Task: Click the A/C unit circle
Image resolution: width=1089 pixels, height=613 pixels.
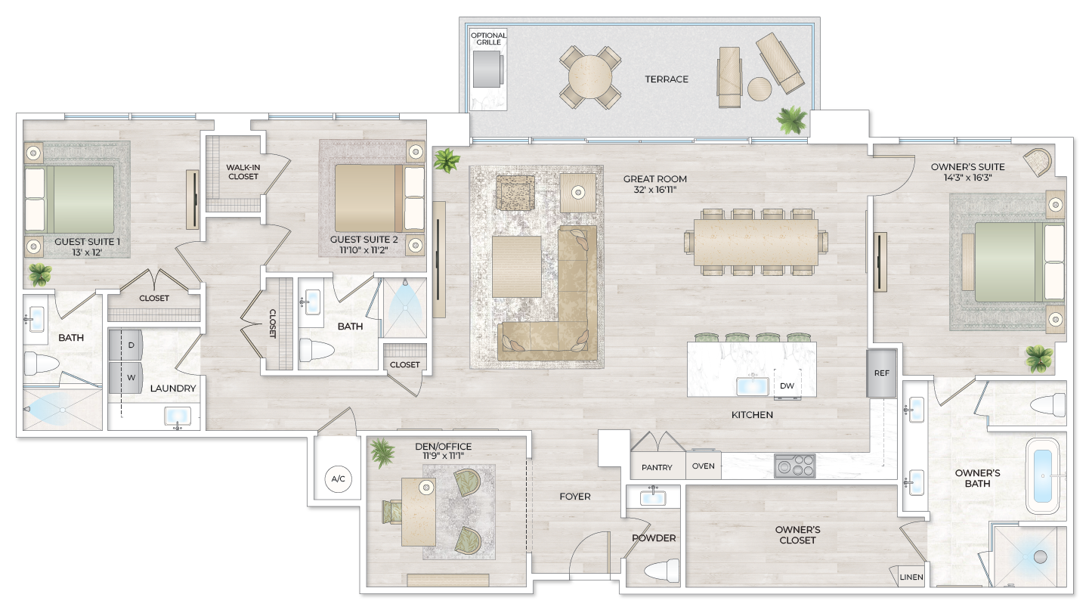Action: (x=338, y=478)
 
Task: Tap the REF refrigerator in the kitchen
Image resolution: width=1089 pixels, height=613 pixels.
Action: (x=881, y=373)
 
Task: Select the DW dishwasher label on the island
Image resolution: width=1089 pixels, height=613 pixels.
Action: (x=787, y=385)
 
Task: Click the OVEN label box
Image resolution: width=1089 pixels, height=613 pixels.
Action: (x=703, y=466)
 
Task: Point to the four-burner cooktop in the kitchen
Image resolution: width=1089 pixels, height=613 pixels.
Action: (x=794, y=466)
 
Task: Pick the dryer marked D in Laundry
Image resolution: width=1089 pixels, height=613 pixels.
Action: (x=125, y=345)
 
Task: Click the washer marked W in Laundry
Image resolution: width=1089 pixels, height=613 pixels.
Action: (x=125, y=377)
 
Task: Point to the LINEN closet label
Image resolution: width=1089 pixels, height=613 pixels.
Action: (x=911, y=577)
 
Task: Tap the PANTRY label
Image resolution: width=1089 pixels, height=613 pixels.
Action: (x=657, y=467)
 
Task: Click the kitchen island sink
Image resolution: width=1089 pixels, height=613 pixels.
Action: (x=752, y=385)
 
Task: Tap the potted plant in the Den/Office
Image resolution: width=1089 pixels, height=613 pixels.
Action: (x=382, y=454)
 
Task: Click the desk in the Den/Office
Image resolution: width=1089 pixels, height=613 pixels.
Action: (x=418, y=511)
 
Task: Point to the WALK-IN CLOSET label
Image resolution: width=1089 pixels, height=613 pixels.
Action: (x=243, y=172)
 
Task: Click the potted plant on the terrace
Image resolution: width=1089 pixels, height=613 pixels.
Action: (x=792, y=119)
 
